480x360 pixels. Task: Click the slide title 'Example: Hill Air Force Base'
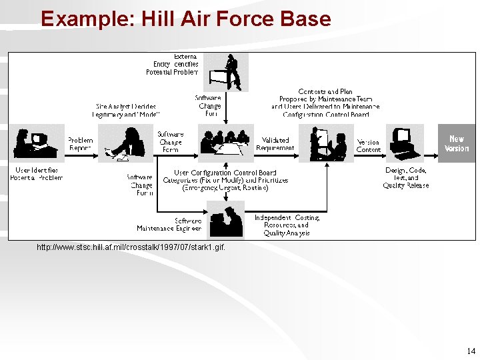pyautogui.click(x=185, y=19)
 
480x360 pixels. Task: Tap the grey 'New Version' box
pyautogui.click(x=457, y=143)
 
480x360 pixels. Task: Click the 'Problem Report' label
pyautogui.click(x=80, y=144)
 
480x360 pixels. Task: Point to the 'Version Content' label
pyautogui.click(x=368, y=146)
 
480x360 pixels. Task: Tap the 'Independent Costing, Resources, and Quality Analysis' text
pyautogui.click(x=287, y=225)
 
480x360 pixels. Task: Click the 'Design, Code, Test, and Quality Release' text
pyautogui.click(x=406, y=177)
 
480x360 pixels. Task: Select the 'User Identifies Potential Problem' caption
pyautogui.click(x=37, y=175)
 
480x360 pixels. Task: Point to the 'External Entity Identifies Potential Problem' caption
pyautogui.click(x=172, y=65)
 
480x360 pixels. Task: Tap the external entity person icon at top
pyautogui.click(x=226, y=72)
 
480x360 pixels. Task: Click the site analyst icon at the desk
pyautogui.click(x=126, y=143)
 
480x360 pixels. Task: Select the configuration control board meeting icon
pyautogui.click(x=226, y=143)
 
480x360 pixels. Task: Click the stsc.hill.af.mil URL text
pyautogui.click(x=131, y=247)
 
